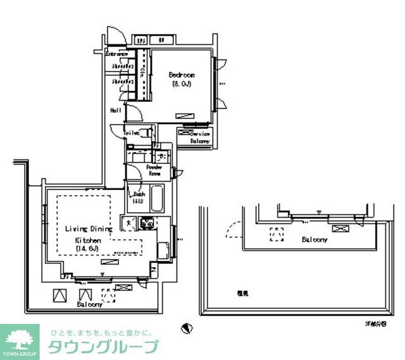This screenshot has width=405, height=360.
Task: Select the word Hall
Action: [x=116, y=110]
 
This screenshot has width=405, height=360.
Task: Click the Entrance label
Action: [x=116, y=54]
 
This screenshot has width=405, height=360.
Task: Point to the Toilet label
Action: [x=131, y=133]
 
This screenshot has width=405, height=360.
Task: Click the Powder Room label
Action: [x=155, y=170]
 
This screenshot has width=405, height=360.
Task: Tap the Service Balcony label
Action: [x=200, y=137]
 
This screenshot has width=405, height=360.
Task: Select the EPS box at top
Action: [x=141, y=40]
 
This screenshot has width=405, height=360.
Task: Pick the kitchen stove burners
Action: [x=147, y=223]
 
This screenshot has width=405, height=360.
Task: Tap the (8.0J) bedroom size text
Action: [x=181, y=84]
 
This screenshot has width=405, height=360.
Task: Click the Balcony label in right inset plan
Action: [x=314, y=240]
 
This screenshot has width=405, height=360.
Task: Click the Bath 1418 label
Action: [x=139, y=197]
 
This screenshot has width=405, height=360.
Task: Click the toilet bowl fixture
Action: [x=147, y=133]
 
